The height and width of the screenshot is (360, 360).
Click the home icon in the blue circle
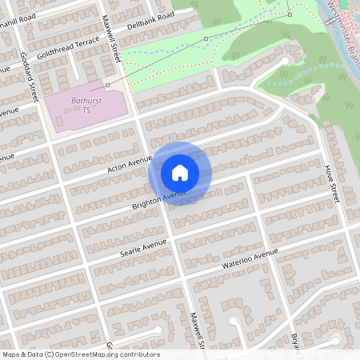[x=180, y=173]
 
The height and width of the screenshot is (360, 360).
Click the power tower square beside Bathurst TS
[x=107, y=84]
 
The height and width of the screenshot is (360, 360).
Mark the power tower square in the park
[x=290, y=14]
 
